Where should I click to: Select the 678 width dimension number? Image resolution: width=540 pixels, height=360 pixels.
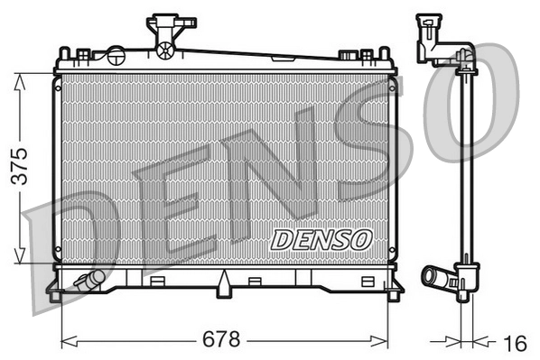(222, 340)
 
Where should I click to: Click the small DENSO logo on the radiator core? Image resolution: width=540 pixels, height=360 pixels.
(321, 239)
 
